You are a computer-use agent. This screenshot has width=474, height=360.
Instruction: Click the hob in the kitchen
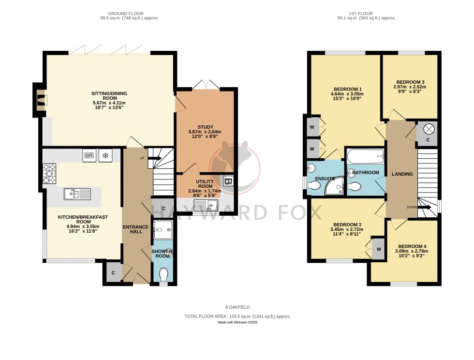coord(50,171)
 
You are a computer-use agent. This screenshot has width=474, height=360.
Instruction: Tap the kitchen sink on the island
coord(77,195)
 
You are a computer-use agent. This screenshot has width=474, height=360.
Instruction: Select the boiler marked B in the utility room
coord(228,182)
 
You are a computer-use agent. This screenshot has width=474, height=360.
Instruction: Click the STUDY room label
coord(205,127)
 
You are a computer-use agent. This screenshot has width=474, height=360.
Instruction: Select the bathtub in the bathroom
coord(365,156)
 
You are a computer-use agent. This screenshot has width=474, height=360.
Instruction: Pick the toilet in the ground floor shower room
coord(164,275)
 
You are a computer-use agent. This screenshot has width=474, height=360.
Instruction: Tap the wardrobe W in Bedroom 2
coord(378,249)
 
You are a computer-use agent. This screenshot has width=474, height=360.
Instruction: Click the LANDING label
coord(401,174)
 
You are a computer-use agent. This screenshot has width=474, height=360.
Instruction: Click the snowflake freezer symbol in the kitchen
coord(105,156)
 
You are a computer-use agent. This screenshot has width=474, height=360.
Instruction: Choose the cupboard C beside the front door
coord(113,272)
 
